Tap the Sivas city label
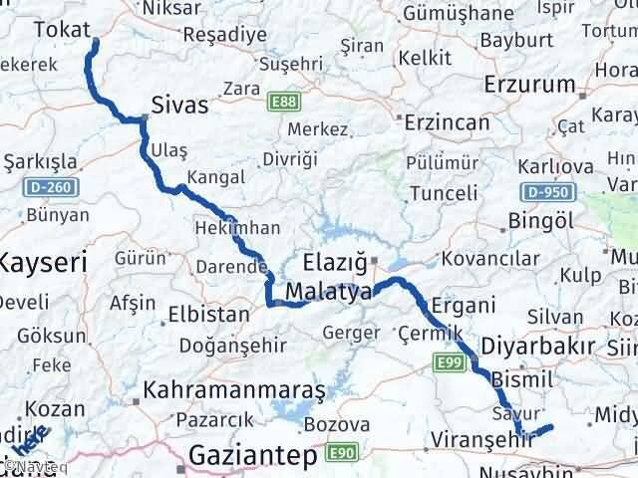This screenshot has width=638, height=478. (179, 105)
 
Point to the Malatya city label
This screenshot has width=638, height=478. (328, 292)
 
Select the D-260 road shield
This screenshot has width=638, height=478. (44, 185)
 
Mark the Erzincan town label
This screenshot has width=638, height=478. (447, 123)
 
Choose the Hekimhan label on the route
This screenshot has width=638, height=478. (238, 227)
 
